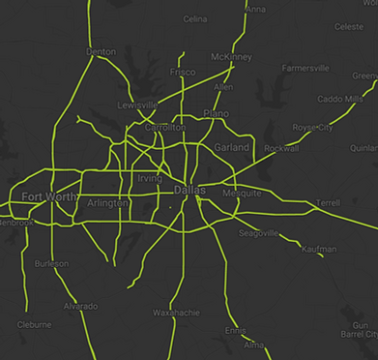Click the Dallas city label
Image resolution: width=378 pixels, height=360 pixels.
pos(190,192)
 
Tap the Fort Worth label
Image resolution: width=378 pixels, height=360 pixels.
pos(45,197)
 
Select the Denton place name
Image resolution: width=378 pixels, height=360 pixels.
pos(101,50)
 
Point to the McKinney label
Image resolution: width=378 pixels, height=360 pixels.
pos(231,57)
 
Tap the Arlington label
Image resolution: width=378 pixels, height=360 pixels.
pos(106,203)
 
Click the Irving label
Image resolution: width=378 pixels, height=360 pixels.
pos(150,179)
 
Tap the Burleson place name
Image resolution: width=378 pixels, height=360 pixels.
pos(51,263)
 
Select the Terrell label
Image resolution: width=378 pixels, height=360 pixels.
pos(328,203)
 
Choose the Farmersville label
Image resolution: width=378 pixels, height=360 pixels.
pos(305,69)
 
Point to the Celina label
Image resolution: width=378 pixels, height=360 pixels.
pos(194,18)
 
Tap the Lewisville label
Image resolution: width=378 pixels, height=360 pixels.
pos(137,105)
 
